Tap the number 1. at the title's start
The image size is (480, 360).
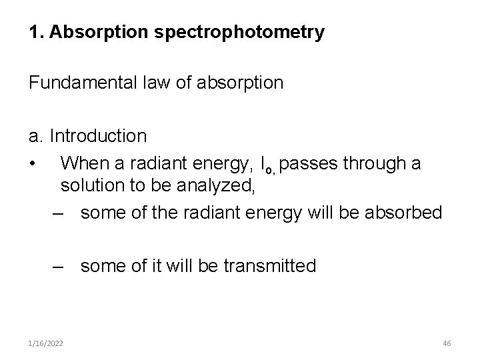[35, 32]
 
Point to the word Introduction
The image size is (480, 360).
[99, 136]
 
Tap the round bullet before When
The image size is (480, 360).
[32, 163]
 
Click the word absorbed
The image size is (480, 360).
[406, 213]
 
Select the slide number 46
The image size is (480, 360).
[447, 342]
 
